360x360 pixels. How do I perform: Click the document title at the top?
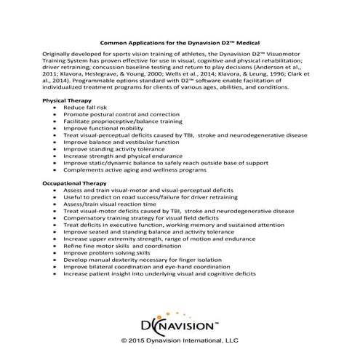179,42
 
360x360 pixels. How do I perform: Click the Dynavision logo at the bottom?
179,321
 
